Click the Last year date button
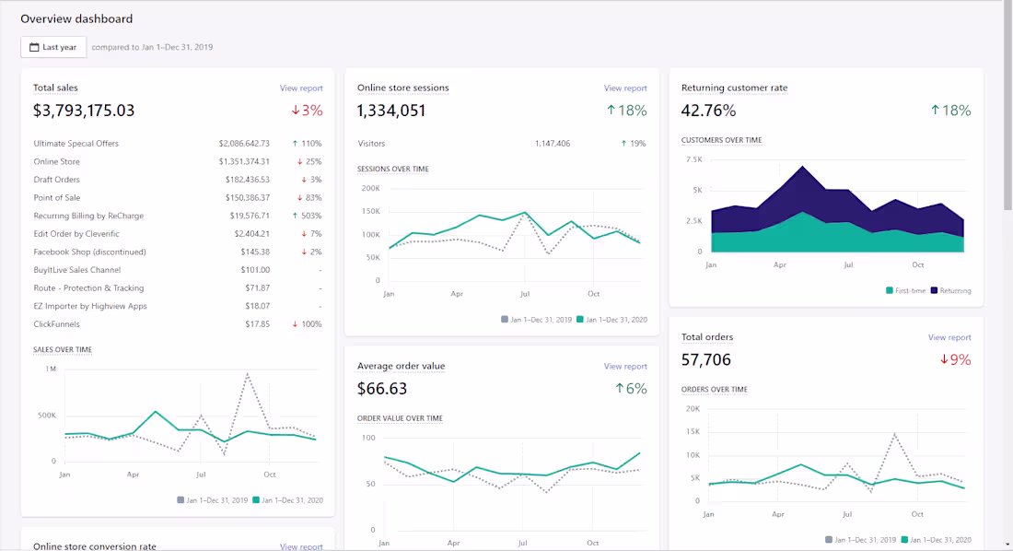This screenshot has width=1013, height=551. pyautogui.click(x=53, y=47)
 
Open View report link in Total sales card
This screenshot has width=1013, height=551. pyautogui.click(x=301, y=88)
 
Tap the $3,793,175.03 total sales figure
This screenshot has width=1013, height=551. pyautogui.click(x=84, y=111)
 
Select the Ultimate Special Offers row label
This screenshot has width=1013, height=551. pyautogui.click(x=76, y=144)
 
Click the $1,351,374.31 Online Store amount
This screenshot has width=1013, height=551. pyautogui.click(x=244, y=162)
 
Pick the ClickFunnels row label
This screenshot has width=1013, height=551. pyautogui.click(x=56, y=324)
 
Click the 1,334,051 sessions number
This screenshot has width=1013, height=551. pyautogui.click(x=391, y=111)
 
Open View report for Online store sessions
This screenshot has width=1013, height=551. pyautogui.click(x=625, y=88)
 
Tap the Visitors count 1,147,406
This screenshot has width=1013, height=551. pyautogui.click(x=552, y=144)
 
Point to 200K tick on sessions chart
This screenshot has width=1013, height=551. pyautogui.click(x=370, y=188)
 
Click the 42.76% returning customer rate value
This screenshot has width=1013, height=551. pyautogui.click(x=708, y=111)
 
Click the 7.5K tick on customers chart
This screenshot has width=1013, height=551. pyautogui.click(x=693, y=159)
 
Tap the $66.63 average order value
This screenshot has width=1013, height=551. pyautogui.click(x=382, y=389)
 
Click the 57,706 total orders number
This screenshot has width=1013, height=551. pyautogui.click(x=706, y=359)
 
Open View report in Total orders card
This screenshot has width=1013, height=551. pyautogui.click(x=949, y=337)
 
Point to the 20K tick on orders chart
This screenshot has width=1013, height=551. pyautogui.click(x=693, y=409)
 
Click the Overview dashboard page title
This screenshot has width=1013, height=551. pyautogui.click(x=76, y=18)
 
